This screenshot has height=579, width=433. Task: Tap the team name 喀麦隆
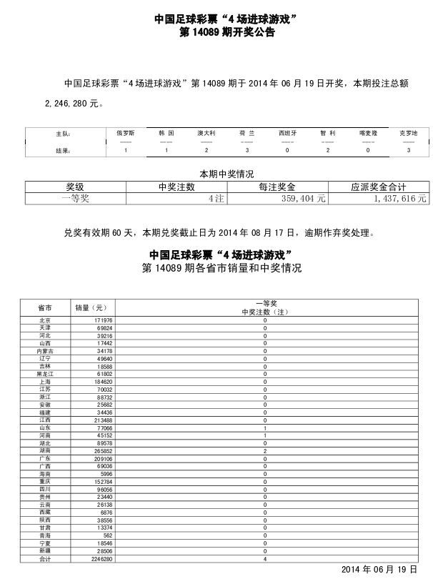368,133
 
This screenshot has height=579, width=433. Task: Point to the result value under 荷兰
247,151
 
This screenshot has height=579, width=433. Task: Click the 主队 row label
63,134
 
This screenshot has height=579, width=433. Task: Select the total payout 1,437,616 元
399,199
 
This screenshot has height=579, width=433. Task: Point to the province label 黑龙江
45,374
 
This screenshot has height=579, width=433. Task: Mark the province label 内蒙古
45,352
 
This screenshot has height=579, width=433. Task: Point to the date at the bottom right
378,570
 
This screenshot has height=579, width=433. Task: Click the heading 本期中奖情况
227,174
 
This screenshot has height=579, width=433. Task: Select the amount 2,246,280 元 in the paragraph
75,104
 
